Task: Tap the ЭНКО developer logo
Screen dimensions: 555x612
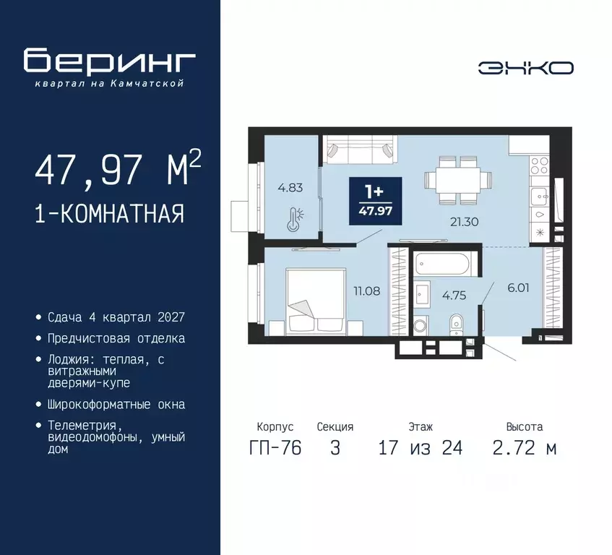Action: pyautogui.click(x=525, y=68)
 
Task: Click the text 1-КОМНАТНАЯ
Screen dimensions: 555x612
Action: pyautogui.click(x=108, y=214)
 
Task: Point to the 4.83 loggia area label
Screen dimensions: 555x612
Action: pyautogui.click(x=291, y=188)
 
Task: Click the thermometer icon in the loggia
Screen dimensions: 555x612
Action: pyautogui.click(x=293, y=219)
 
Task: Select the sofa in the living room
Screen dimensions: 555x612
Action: pyautogui.click(x=359, y=150)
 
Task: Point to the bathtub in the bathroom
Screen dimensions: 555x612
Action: pyautogui.click(x=444, y=262)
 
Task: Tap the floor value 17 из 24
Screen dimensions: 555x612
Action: pyautogui.click(x=420, y=448)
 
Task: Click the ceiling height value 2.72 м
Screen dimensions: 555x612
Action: pyautogui.click(x=525, y=448)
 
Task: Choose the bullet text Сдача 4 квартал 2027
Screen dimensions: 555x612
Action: pyautogui.click(x=116, y=317)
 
